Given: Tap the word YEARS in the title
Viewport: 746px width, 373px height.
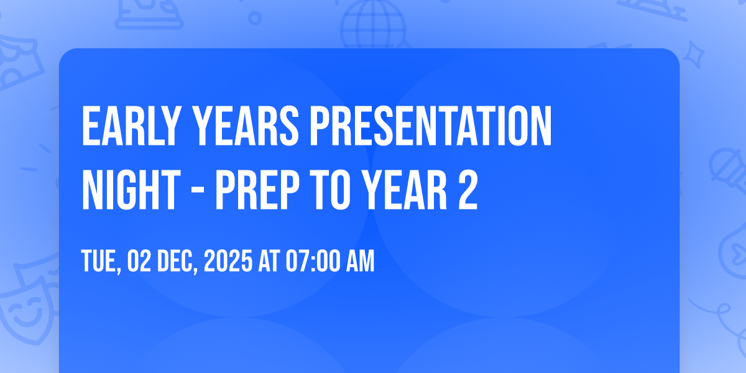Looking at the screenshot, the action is click(246, 126).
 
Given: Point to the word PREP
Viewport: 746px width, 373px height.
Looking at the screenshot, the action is click(257, 190).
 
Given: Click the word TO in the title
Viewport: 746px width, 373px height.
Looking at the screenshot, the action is click(329, 190).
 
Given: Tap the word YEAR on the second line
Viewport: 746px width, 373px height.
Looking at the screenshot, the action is click(404, 190).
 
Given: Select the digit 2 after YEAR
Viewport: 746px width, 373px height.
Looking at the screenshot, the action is click(468, 190).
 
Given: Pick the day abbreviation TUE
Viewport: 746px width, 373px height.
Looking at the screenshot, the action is click(101, 261).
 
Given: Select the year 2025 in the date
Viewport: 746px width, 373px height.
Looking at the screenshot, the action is click(228, 260).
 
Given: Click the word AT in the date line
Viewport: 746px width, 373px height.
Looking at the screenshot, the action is click(269, 260).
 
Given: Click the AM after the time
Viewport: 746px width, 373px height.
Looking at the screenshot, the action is click(361, 260).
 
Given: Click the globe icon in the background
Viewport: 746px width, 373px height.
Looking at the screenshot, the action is click(373, 25).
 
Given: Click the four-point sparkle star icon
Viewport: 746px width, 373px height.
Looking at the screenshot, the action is click(694, 55).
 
